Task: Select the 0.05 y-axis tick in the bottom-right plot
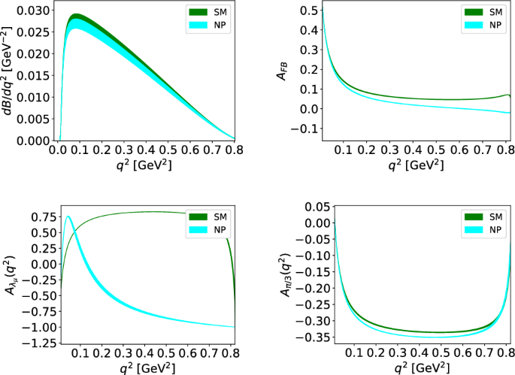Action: [x=311, y=206]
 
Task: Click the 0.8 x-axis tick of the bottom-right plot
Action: [x=505, y=352]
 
